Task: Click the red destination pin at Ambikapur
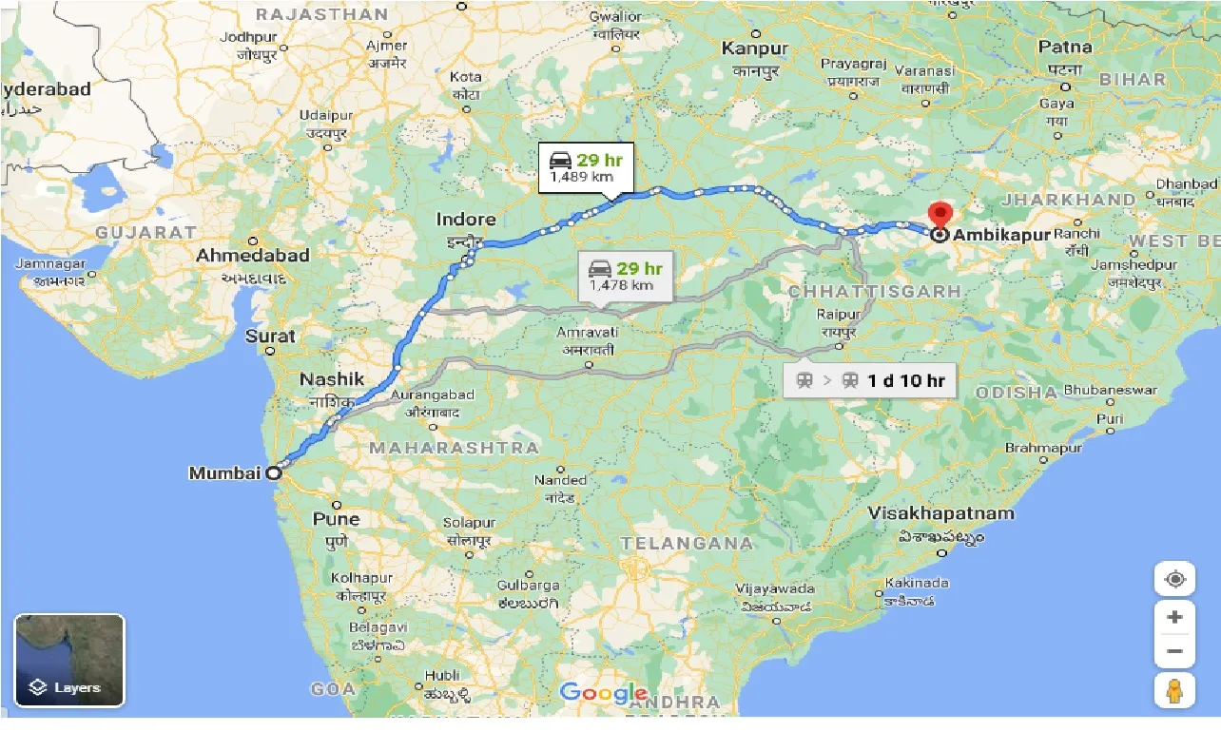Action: click(x=940, y=216)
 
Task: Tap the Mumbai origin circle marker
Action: click(x=273, y=472)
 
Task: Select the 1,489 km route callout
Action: click(x=586, y=167)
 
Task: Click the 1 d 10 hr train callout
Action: click(x=869, y=381)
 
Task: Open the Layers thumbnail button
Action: click(x=69, y=660)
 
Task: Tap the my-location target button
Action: click(x=1174, y=580)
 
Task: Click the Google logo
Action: click(x=603, y=693)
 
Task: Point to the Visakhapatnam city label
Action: click(x=940, y=513)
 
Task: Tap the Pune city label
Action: click(x=337, y=519)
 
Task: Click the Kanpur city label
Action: click(x=755, y=48)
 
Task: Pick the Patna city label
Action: click(x=1065, y=47)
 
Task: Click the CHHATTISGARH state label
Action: click(x=875, y=291)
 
